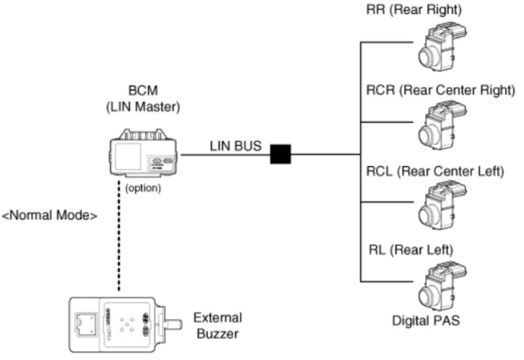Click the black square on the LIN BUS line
[281, 154]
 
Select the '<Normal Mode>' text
[50, 214]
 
